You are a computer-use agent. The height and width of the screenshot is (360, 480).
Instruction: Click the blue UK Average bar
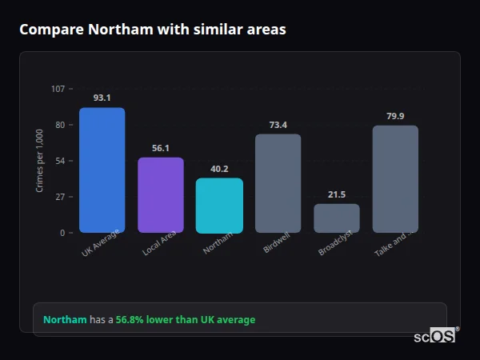click(102, 170)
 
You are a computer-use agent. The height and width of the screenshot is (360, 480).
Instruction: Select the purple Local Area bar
click(161, 195)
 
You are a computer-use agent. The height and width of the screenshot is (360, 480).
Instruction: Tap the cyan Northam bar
click(219, 206)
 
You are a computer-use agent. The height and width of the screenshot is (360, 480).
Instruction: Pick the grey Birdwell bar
click(278, 183)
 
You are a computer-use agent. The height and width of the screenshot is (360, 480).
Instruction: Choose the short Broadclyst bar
click(336, 218)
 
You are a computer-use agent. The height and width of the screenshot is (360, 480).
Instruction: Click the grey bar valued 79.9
click(395, 179)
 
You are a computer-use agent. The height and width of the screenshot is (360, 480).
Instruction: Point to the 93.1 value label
click(102, 98)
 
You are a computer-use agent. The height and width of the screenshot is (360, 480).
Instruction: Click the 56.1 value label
click(161, 148)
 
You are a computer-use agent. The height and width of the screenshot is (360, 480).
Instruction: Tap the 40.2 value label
click(219, 169)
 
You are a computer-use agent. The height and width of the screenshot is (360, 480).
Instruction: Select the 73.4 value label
click(278, 125)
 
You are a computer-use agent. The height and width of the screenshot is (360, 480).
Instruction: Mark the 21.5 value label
click(336, 194)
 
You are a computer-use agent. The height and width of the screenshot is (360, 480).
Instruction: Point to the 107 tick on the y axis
click(58, 89)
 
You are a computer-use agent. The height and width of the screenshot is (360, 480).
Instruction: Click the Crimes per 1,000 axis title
click(40, 160)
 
